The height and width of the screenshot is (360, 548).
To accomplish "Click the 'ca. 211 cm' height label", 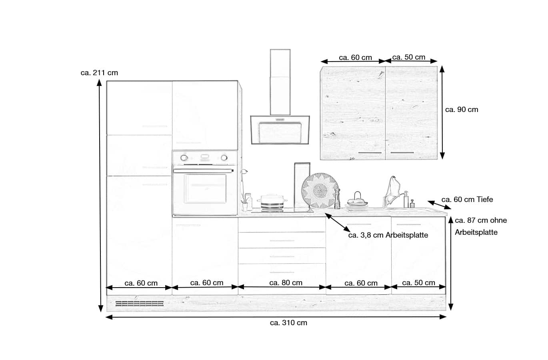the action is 99,73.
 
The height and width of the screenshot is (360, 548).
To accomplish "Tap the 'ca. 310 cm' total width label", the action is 288,323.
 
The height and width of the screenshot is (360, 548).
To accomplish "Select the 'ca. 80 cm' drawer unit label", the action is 286,283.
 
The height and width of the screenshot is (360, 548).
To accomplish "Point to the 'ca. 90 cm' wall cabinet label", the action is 462,110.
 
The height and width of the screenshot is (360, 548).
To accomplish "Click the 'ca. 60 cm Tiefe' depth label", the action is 467,200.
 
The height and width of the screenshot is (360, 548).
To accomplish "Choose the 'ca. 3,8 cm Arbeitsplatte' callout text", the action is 388,235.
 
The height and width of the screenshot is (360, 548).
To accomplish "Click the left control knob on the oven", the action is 184,158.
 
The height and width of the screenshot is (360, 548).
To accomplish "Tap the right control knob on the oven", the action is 224,158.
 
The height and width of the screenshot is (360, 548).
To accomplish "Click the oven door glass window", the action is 205,188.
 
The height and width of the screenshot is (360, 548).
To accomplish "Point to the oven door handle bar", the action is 203,171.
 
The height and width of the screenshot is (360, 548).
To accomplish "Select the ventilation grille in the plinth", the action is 140,304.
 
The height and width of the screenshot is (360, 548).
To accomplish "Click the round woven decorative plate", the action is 319,190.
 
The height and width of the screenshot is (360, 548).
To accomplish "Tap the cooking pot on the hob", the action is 272,202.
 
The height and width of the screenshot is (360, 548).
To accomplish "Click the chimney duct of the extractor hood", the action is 280,82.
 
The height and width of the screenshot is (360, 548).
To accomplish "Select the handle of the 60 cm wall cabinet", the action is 370,153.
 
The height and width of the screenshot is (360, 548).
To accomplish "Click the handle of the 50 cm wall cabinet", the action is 402,153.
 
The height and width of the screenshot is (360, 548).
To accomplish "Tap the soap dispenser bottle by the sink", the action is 406,199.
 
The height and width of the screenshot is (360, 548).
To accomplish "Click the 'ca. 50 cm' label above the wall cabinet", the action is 409,57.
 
